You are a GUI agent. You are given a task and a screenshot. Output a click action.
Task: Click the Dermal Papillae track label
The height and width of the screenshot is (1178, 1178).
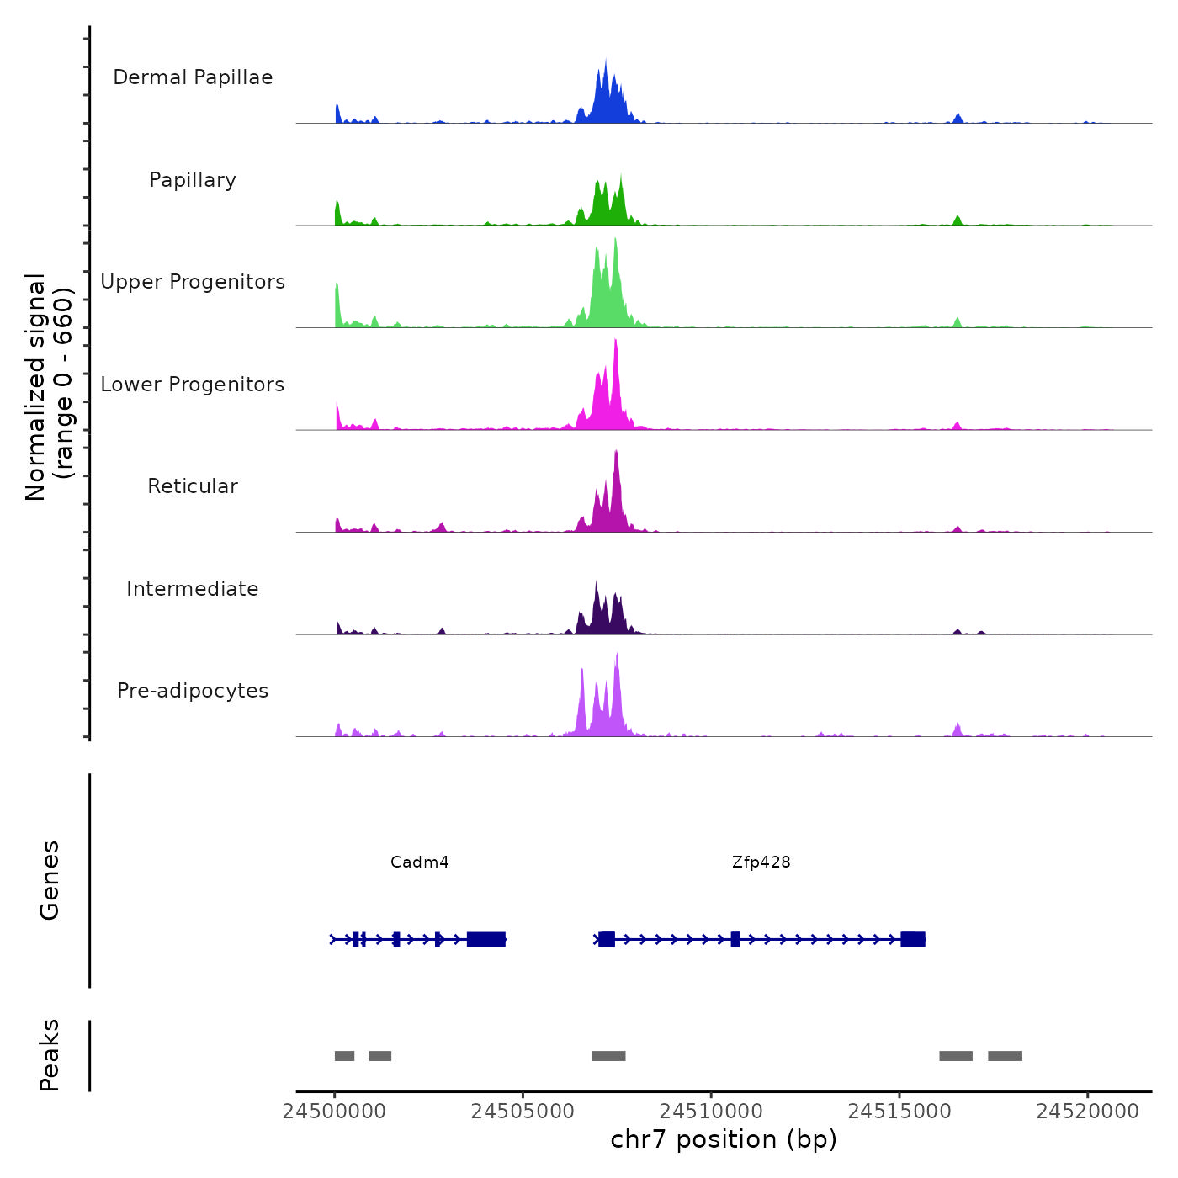point(193,77)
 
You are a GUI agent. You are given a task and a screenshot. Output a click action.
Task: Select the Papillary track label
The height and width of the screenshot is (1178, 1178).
point(193,180)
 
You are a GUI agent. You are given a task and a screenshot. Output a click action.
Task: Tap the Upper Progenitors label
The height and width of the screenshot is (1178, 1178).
point(193,282)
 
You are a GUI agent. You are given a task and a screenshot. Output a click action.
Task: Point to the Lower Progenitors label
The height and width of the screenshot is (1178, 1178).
point(193,385)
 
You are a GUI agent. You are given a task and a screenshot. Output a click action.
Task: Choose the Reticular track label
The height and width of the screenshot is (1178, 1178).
point(193,486)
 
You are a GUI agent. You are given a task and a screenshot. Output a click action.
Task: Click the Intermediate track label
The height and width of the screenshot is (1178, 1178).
point(193,589)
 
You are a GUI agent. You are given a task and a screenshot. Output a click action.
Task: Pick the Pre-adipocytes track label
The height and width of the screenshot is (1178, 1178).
point(193,691)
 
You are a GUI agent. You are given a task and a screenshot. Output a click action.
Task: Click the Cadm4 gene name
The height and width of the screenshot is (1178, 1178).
point(420,862)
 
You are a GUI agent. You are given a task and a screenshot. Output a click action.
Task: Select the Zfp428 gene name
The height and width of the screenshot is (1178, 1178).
point(761,862)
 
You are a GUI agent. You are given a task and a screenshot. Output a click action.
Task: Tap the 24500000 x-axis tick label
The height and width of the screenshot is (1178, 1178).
point(335,1112)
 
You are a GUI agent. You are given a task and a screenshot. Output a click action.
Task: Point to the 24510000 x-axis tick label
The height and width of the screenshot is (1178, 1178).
point(711,1112)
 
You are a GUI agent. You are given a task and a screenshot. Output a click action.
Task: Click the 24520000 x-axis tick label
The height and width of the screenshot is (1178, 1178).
point(1087,1112)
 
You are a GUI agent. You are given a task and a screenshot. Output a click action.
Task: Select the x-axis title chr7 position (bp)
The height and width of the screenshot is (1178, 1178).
point(724,1139)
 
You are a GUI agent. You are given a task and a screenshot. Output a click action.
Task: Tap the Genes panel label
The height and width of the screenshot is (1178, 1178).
point(50,880)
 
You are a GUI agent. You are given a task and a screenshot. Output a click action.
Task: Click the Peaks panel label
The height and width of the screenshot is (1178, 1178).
point(50,1055)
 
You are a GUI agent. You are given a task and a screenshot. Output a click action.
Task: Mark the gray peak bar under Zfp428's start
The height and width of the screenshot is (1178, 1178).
point(608,1056)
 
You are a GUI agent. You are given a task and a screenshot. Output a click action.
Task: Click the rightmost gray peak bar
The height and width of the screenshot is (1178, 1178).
point(1005,1056)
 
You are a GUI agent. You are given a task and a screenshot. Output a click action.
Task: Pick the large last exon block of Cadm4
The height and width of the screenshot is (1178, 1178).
point(486,939)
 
